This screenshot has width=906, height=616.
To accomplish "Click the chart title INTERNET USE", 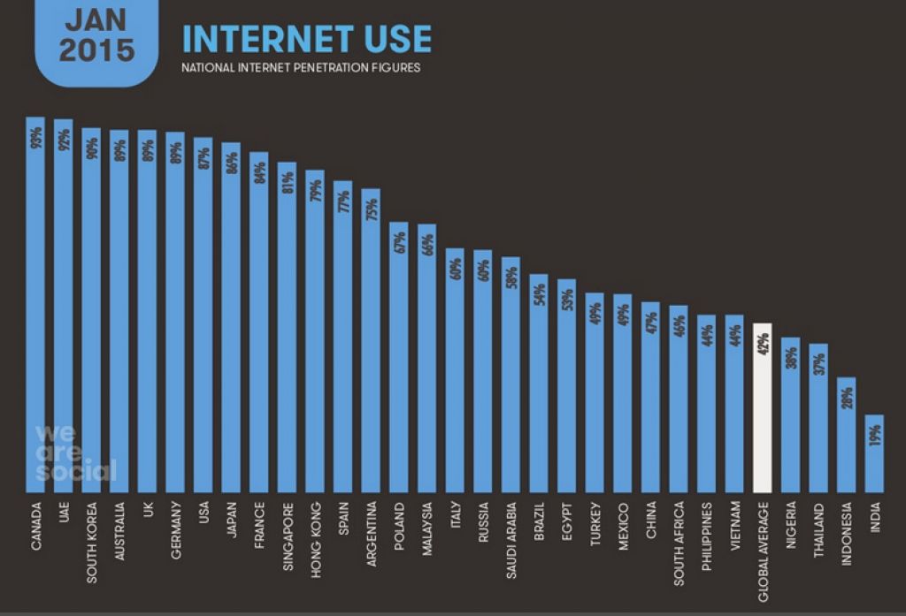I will [x=307, y=39].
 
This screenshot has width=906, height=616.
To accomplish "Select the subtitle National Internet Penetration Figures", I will [x=301, y=67].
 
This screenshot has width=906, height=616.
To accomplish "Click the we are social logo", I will [x=75, y=452].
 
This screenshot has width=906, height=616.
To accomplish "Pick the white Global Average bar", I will [x=762, y=407].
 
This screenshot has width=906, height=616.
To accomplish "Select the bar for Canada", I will [x=35, y=305].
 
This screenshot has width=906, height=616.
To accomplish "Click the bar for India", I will [x=874, y=452].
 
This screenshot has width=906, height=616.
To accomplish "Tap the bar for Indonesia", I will [x=847, y=434].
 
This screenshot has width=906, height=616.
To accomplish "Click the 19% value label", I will [x=874, y=435].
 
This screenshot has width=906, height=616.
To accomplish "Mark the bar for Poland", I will [x=399, y=357].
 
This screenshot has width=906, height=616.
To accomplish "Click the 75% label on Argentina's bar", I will [x=372, y=209].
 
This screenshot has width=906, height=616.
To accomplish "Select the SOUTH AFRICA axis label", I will [x=679, y=543].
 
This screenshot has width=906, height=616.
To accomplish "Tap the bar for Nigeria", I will [x=790, y=414].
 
